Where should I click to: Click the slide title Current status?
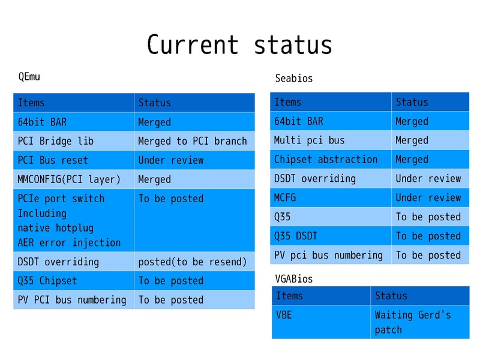coord(239,45)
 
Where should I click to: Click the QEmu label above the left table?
coord(29,77)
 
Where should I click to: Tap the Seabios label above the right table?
coord(293,78)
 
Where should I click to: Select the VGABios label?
coord(293,278)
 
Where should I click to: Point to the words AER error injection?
coord(69,242)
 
